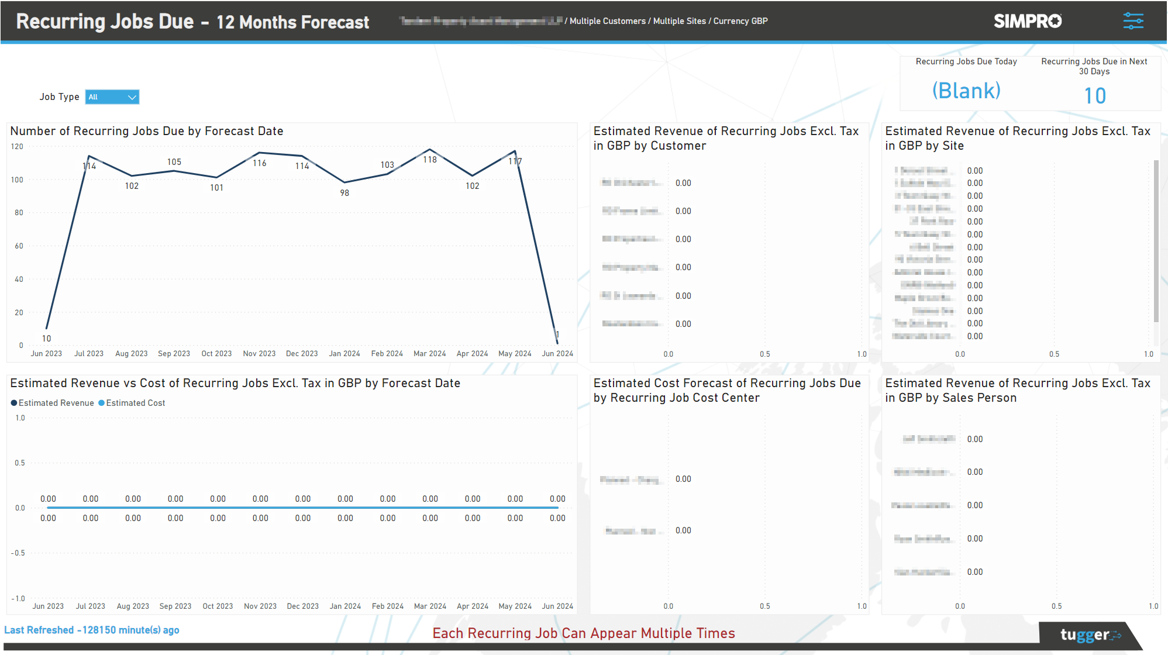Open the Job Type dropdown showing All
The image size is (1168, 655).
point(112,97)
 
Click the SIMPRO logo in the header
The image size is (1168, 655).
point(1027,21)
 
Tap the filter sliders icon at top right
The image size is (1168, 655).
point(1133,21)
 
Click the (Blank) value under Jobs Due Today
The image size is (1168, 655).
point(966,91)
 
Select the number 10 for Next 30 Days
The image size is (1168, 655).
point(1094,95)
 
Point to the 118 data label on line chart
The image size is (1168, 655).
point(430,160)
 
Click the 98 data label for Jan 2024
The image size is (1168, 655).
point(344,193)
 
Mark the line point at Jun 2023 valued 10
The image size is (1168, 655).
point(47,328)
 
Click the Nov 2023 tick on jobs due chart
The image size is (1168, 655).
point(259,354)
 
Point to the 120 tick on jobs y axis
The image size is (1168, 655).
point(17,147)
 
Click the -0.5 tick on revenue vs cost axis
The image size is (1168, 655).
point(18,553)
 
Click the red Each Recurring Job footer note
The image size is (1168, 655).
point(583,633)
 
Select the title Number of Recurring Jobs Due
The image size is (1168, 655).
point(147,131)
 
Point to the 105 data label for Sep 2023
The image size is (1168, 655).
point(174,162)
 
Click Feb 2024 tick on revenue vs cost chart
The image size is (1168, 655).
point(388,606)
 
